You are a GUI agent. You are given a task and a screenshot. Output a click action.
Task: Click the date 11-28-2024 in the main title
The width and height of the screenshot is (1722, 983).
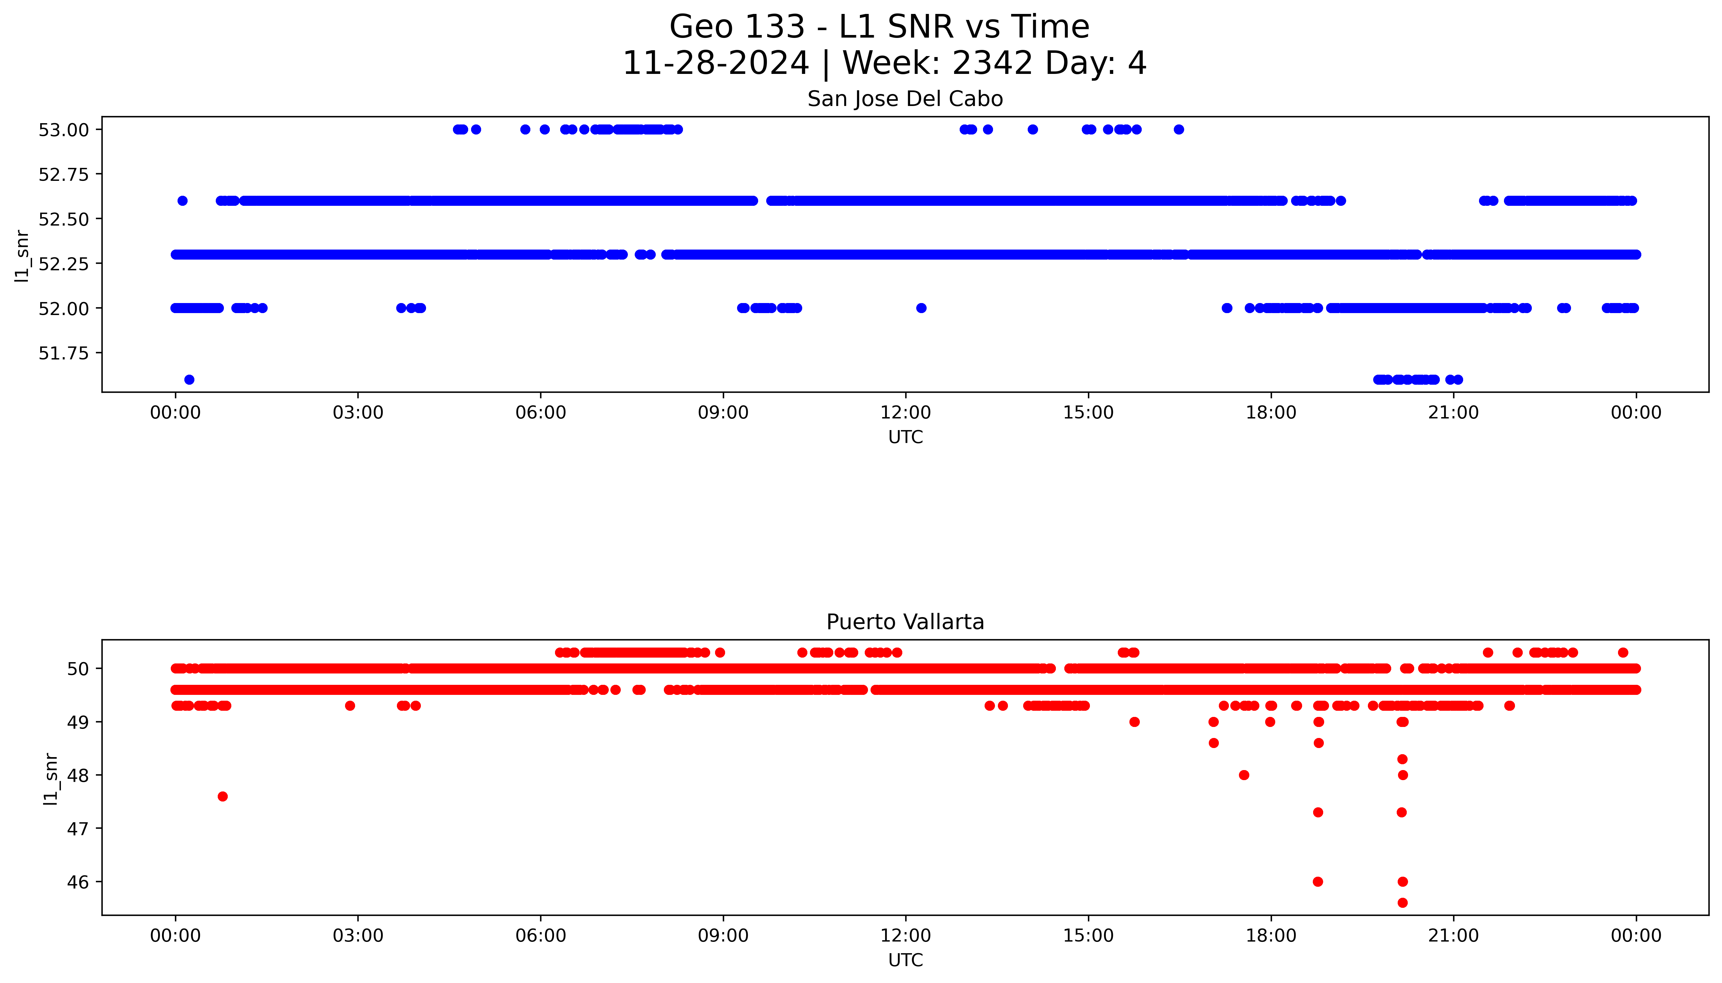pos(715,64)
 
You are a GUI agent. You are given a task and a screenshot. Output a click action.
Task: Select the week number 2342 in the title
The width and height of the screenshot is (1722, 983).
pos(992,64)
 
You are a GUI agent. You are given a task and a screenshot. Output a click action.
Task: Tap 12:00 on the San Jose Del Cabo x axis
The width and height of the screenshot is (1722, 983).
pos(905,413)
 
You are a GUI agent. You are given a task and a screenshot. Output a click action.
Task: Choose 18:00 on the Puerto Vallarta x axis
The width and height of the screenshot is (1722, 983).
pos(1271,936)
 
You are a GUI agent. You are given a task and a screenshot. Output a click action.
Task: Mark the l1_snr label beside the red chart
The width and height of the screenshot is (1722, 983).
pos(51,778)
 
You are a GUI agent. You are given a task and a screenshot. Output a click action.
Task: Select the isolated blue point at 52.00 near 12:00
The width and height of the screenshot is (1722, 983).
pos(921,308)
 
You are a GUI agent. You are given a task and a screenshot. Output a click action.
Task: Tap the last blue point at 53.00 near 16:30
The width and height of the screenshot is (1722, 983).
pos(1178,130)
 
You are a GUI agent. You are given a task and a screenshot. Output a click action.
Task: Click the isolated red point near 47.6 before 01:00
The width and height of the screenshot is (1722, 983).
pos(223,797)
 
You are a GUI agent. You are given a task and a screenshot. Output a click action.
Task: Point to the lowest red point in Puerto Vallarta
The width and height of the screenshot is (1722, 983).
pos(1402,903)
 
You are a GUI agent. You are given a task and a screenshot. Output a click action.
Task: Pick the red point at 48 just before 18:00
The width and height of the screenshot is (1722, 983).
pos(1243,775)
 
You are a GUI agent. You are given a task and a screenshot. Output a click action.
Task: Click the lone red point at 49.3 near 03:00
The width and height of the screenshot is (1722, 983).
pos(350,706)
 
